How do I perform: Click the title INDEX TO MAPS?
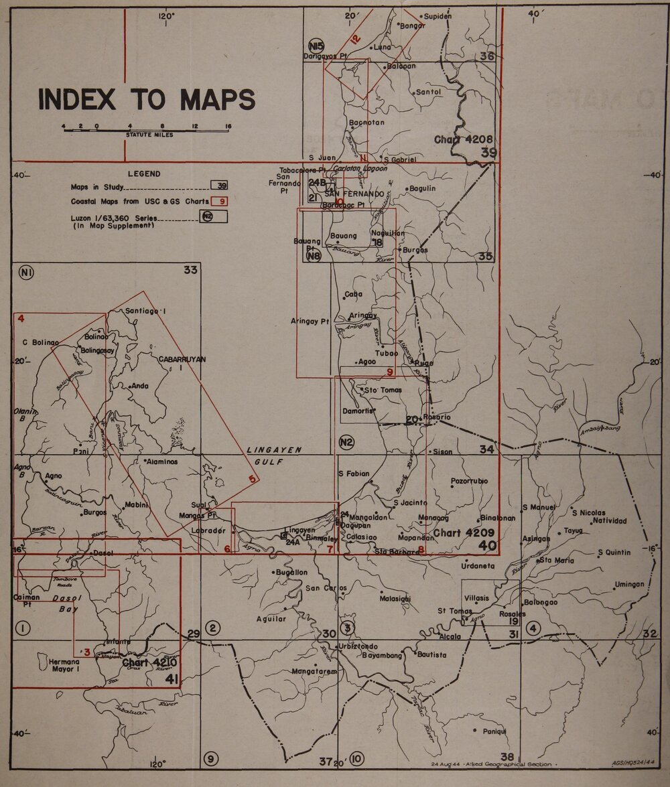click(147, 99)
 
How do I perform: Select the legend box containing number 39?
click(218, 186)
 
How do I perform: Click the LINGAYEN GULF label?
click(274, 455)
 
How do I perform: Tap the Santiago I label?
click(145, 311)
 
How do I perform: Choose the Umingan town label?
click(629, 584)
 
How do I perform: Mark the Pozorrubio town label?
click(469, 481)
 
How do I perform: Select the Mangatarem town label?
click(314, 670)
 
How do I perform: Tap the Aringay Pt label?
click(310, 321)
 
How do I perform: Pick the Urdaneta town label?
click(478, 566)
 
